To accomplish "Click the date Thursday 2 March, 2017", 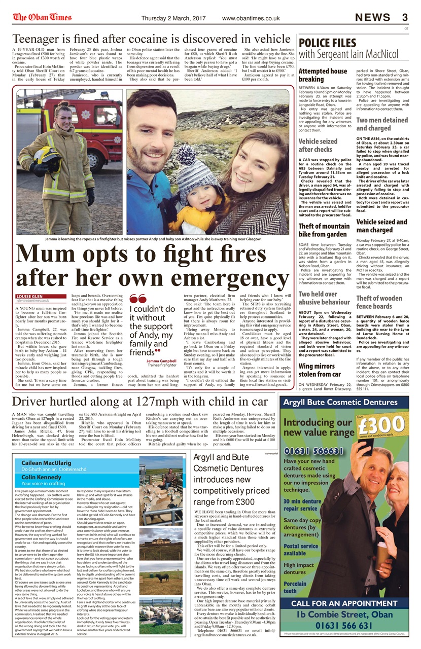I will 173,18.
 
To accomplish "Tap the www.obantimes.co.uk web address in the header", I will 251,18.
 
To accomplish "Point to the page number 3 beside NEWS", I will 405,17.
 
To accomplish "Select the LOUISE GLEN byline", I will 30,297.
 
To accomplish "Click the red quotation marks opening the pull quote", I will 137,299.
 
